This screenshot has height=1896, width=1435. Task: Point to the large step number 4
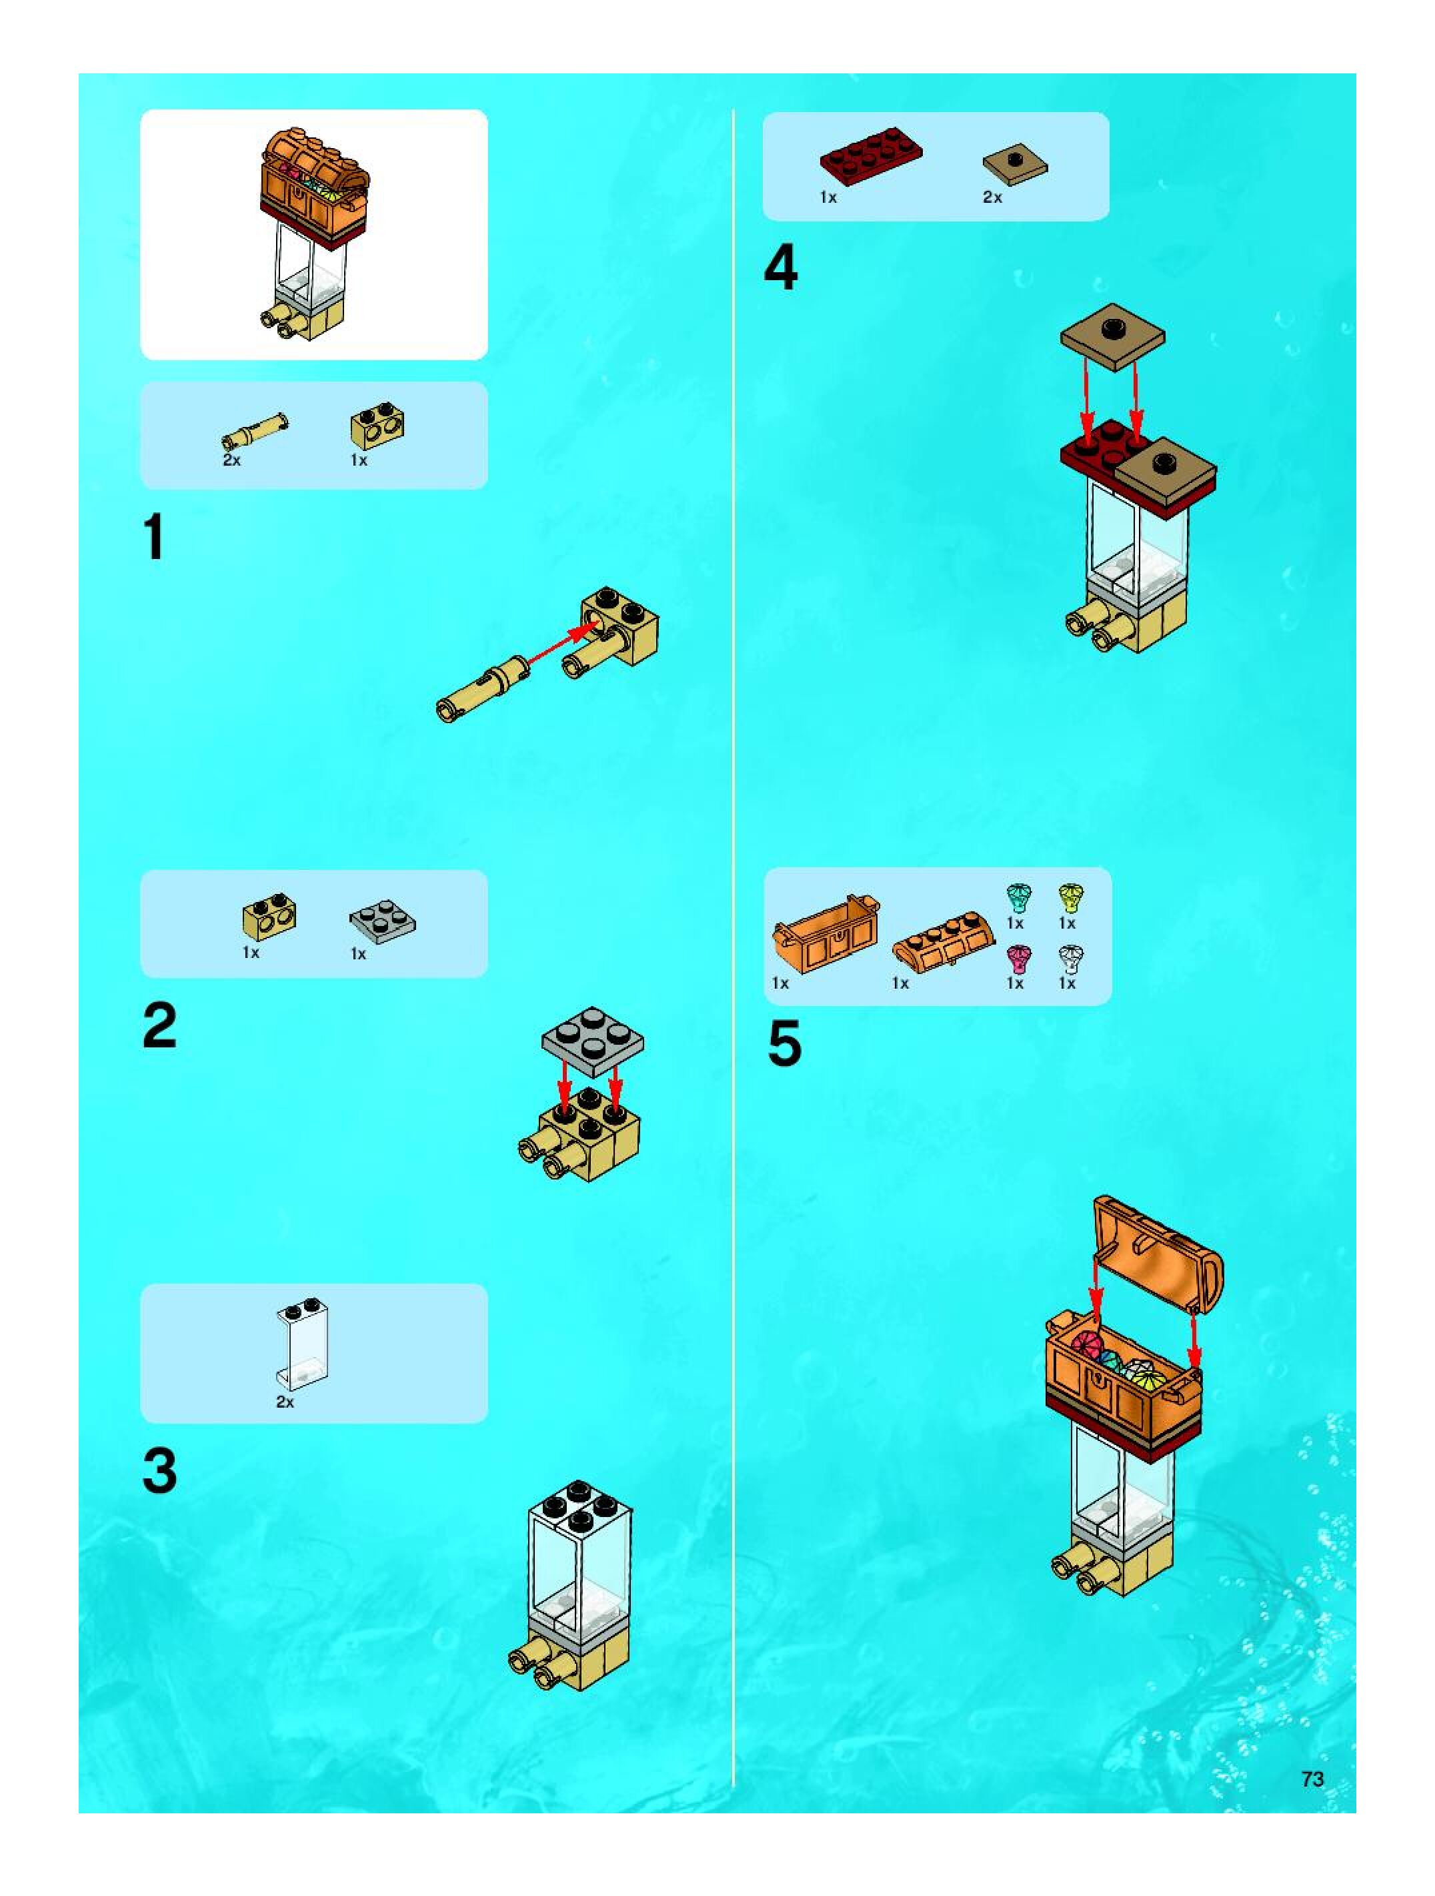pyautogui.click(x=780, y=268)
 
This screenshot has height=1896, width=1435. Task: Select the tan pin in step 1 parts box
pyautogui.click(x=255, y=430)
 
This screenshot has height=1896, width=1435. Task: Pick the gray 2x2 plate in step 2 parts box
pyautogui.click(x=382, y=921)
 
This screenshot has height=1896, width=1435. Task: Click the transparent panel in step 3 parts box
pyautogui.click(x=301, y=1345)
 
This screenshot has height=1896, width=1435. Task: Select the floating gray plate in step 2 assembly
pyautogui.click(x=593, y=1041)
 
